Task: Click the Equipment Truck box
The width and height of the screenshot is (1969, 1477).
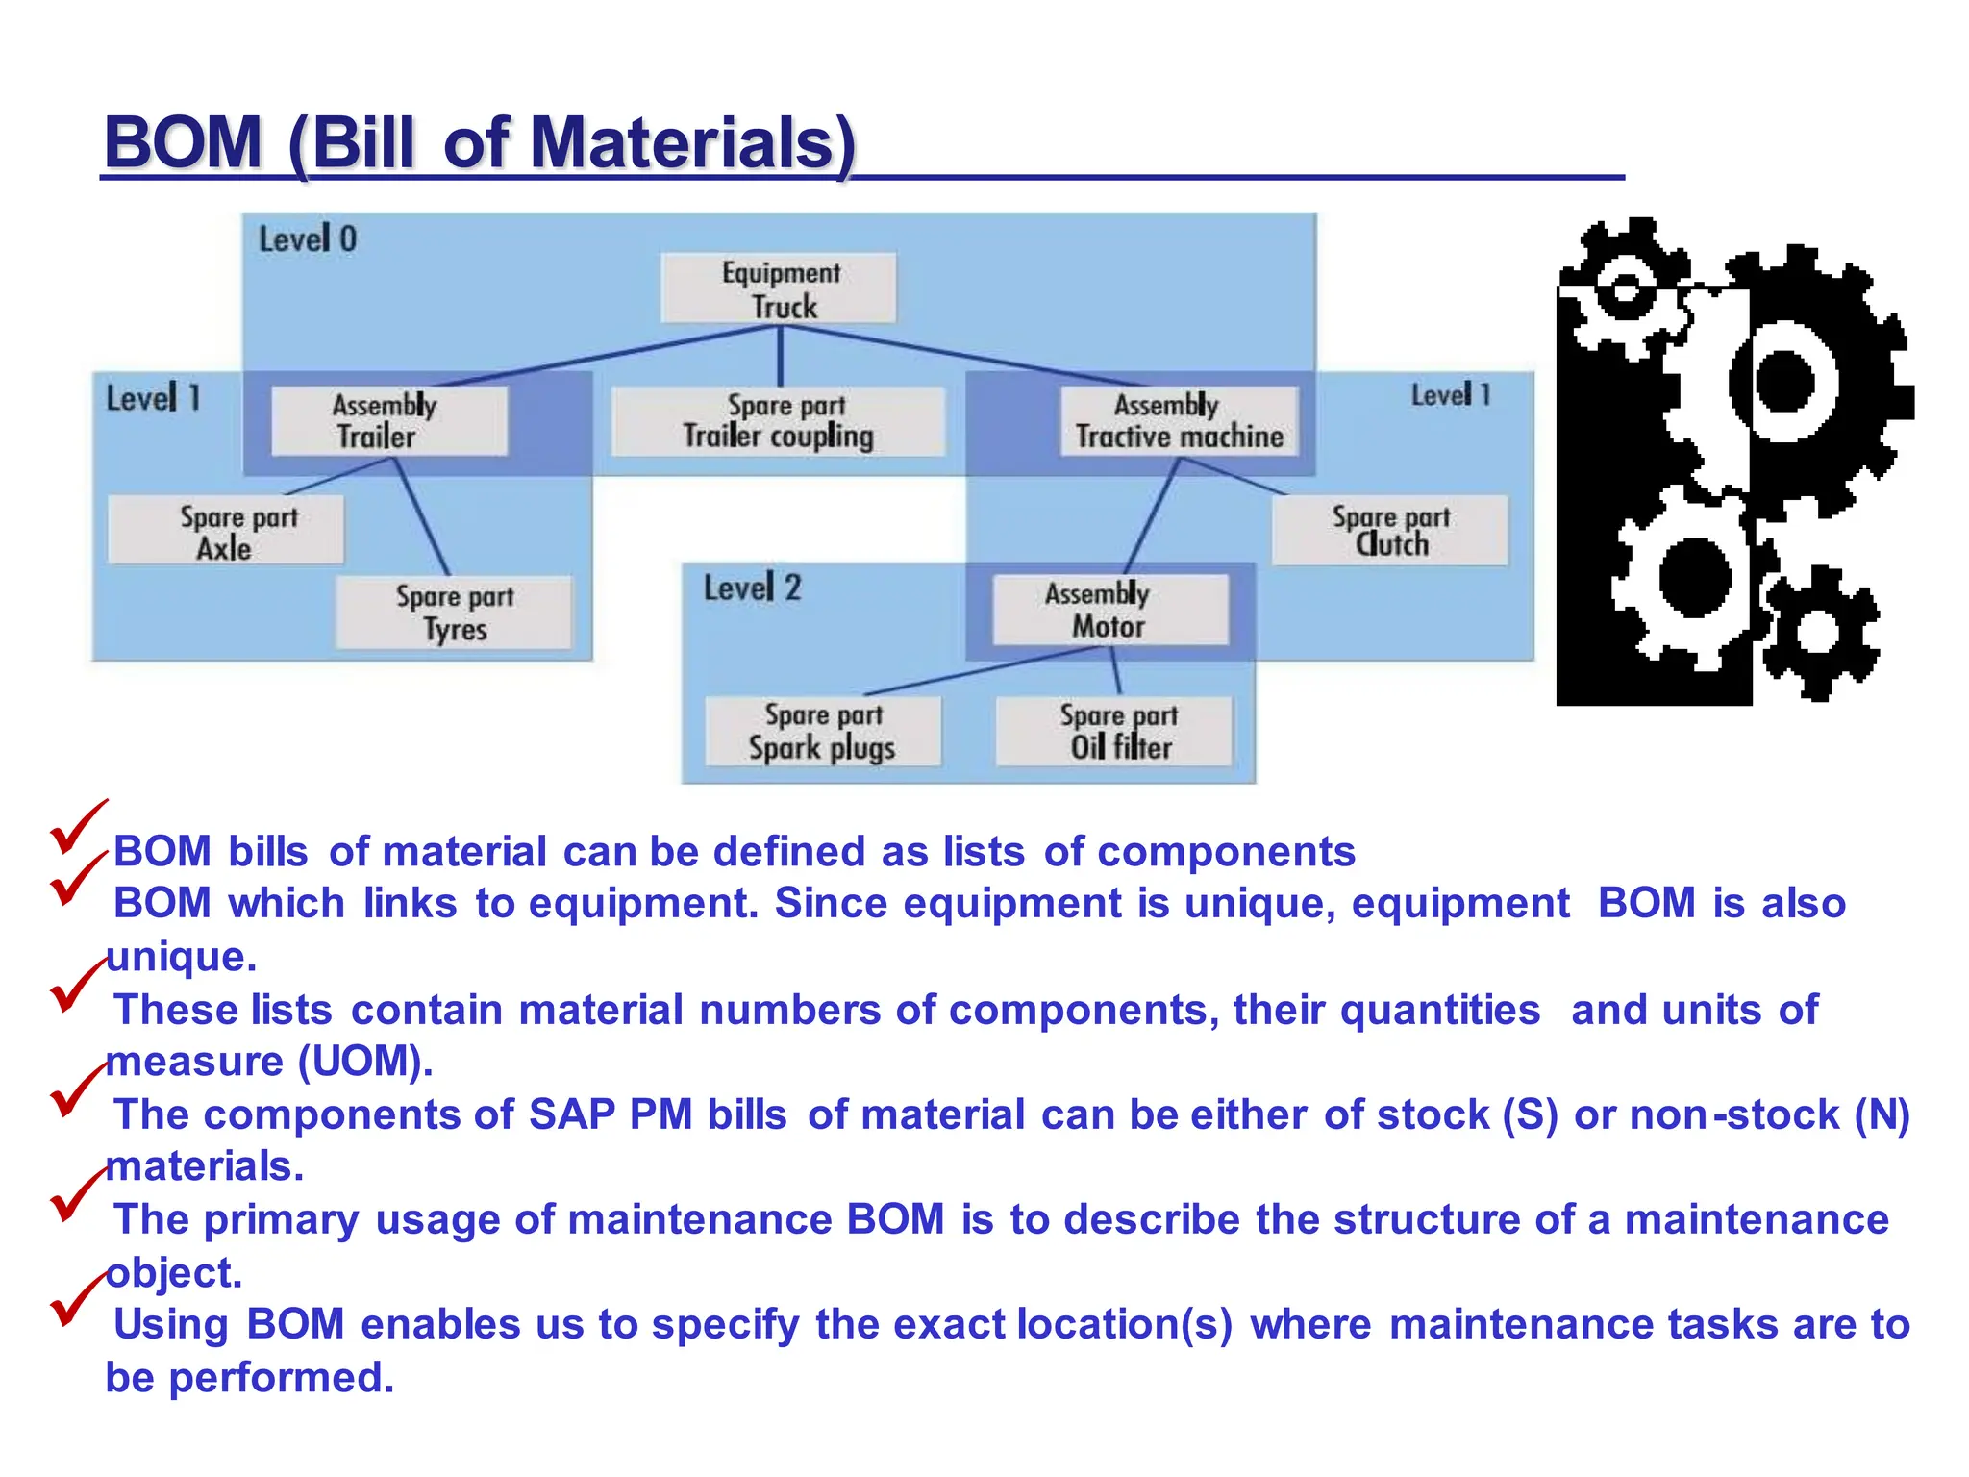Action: pyautogui.click(x=779, y=288)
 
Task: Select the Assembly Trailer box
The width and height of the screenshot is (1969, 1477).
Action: pyautogui.click(x=388, y=420)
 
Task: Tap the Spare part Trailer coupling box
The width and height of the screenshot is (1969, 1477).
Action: pyautogui.click(x=779, y=420)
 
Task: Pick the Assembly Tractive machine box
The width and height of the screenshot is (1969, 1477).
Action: pyautogui.click(x=1179, y=420)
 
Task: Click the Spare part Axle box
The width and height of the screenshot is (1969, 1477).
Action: pyautogui.click(x=226, y=531)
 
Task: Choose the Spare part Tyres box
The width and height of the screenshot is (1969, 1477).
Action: pyautogui.click(x=454, y=613)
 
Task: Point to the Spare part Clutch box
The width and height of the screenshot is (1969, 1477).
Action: pyautogui.click(x=1389, y=530)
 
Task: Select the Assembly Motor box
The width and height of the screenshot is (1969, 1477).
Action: pyautogui.click(x=1109, y=610)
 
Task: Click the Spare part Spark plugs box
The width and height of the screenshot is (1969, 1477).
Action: pyautogui.click(x=823, y=732)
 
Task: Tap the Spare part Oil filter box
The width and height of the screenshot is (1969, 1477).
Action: pyautogui.click(x=1114, y=732)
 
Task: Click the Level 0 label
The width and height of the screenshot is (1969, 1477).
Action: pyautogui.click(x=308, y=238)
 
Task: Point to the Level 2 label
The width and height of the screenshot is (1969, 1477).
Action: pyautogui.click(x=752, y=588)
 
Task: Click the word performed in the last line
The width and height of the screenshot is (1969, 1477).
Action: pyautogui.click(x=281, y=1378)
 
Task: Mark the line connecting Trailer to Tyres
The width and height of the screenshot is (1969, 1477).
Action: pyautogui.click(x=422, y=516)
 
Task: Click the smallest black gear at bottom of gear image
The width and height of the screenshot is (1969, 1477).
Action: pyautogui.click(x=1817, y=632)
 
